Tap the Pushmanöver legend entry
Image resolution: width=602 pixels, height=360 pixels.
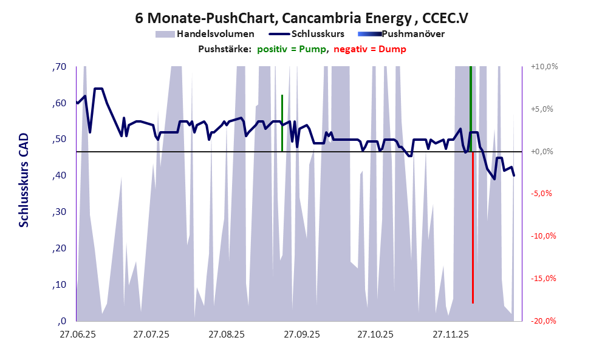(412, 34)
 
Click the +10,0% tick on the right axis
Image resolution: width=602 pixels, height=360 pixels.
(544, 67)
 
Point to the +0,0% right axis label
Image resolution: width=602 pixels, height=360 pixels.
(544, 151)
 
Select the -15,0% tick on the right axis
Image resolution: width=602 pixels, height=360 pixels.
(544, 279)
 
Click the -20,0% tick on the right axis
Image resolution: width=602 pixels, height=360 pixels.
(544, 321)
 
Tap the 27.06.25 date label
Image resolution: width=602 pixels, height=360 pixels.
(77, 334)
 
